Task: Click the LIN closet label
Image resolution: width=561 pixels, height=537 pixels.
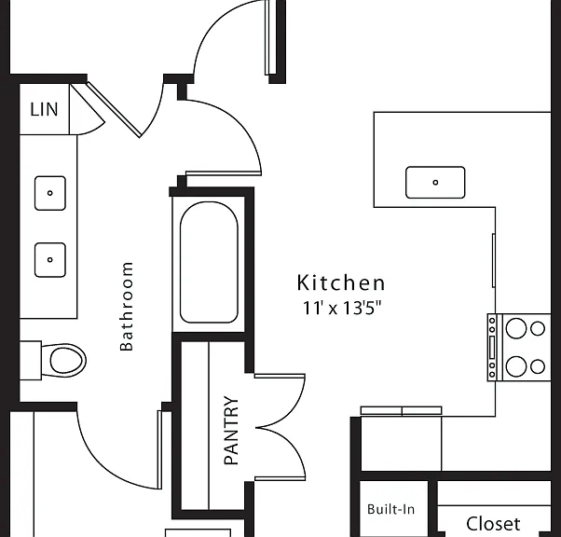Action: point(44,109)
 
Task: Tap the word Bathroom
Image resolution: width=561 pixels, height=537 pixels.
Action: point(127,307)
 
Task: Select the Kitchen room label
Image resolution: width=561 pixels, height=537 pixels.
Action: point(341,282)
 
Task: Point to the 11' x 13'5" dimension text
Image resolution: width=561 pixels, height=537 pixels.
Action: point(342,308)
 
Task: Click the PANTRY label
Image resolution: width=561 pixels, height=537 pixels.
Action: point(231,430)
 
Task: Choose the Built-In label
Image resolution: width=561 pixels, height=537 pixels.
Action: point(391,509)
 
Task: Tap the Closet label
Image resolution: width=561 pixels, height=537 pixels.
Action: point(493,523)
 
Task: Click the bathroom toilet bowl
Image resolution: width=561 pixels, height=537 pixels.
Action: point(68,360)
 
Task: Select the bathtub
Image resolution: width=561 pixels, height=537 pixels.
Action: point(209,262)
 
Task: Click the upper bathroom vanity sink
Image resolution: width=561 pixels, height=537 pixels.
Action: point(50,193)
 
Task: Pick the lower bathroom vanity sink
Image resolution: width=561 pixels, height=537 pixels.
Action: point(50,260)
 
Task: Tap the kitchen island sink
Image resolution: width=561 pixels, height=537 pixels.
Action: point(435,182)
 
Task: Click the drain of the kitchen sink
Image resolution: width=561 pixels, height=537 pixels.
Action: point(435,182)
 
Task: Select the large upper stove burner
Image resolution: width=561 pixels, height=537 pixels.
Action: point(516,328)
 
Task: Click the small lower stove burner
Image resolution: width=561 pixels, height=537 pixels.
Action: point(538,366)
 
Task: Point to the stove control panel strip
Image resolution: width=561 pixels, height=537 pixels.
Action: point(492,347)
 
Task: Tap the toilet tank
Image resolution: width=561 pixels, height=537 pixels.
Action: point(31,360)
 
